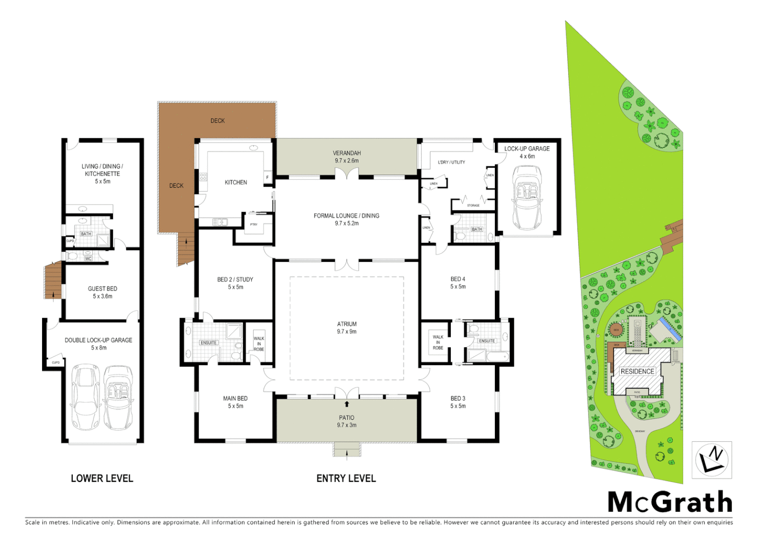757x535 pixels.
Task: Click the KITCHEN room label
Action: coord(236,182)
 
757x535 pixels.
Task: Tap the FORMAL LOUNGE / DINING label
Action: coord(346,219)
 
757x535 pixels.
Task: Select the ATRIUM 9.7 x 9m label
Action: coord(347,327)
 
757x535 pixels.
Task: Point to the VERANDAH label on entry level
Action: coord(347,157)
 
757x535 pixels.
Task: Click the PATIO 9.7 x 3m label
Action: coord(347,421)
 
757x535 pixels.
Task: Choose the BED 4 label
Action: coord(458,282)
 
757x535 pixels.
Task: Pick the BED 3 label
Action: coord(458,402)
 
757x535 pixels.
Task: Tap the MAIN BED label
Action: coord(235,402)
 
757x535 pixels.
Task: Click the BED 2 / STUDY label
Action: coord(235,283)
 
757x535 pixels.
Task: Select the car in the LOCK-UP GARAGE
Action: coord(527,197)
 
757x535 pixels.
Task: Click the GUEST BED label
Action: coord(103,292)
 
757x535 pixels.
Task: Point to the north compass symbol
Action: coord(711,459)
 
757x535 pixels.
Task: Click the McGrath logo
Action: coord(670,502)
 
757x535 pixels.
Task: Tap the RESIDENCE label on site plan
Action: coord(637,371)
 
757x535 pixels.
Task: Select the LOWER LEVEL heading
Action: coord(102,479)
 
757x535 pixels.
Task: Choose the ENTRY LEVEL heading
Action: coord(346,479)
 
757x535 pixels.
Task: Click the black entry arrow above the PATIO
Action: coord(347,404)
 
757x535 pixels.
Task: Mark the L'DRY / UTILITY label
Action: coord(451,162)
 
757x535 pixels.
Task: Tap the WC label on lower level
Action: coord(88,259)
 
